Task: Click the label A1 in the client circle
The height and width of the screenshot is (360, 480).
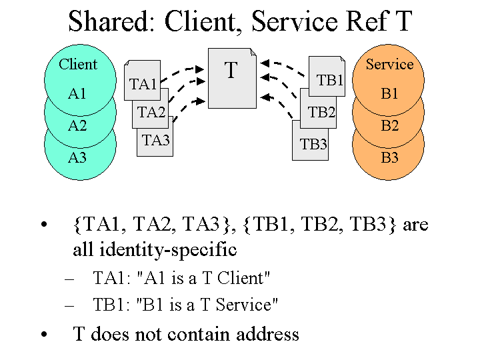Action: pyautogui.click(x=77, y=94)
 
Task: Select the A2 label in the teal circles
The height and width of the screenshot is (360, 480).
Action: pyautogui.click(x=77, y=125)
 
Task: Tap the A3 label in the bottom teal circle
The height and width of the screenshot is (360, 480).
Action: pyautogui.click(x=77, y=158)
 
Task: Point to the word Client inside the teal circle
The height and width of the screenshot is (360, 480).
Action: pyautogui.click(x=78, y=65)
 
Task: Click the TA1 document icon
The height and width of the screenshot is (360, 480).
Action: pyautogui.click(x=142, y=83)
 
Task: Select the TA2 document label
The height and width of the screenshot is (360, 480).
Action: pyautogui.click(x=151, y=112)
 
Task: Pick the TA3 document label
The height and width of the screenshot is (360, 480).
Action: pyautogui.click(x=156, y=140)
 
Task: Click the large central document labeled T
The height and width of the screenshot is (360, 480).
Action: pyautogui.click(x=231, y=77)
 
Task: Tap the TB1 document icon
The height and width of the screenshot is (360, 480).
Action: pyautogui.click(x=329, y=80)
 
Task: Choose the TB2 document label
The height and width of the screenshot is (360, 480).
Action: pyautogui.click(x=321, y=112)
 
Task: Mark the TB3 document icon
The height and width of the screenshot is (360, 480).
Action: pyautogui.click(x=312, y=143)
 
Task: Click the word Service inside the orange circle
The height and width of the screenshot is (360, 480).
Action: pyautogui.click(x=389, y=65)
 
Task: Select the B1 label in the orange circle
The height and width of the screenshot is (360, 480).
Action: pyautogui.click(x=389, y=94)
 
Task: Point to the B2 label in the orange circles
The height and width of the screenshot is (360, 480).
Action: pyautogui.click(x=389, y=125)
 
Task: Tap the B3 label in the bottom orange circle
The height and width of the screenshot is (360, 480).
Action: pyautogui.click(x=389, y=158)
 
